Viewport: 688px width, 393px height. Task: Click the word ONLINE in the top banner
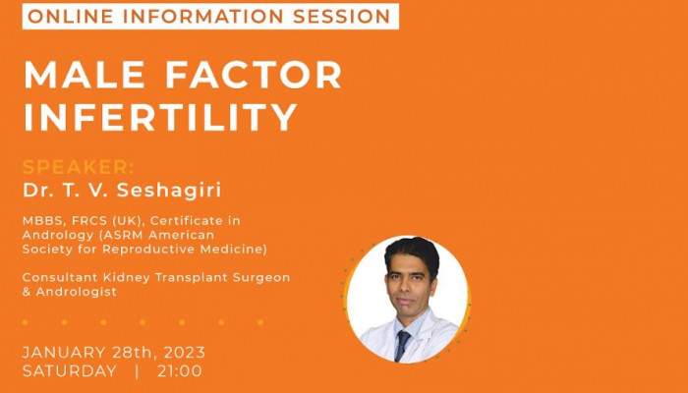[x=71, y=17]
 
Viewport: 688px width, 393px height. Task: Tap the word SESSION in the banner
[x=342, y=17]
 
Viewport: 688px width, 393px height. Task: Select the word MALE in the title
[x=85, y=75]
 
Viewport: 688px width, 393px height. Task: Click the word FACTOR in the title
[x=254, y=75]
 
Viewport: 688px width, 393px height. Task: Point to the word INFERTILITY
[x=160, y=117]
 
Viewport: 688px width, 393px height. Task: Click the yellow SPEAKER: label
[x=79, y=167]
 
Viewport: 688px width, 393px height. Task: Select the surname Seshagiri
[x=169, y=191]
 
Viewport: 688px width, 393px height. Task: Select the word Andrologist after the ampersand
[x=77, y=292]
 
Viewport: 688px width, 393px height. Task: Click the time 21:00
[x=180, y=371]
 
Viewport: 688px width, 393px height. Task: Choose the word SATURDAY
[x=70, y=371]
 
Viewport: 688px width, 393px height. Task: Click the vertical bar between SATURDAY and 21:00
[x=137, y=371]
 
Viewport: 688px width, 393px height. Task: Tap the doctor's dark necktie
[x=402, y=345]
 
